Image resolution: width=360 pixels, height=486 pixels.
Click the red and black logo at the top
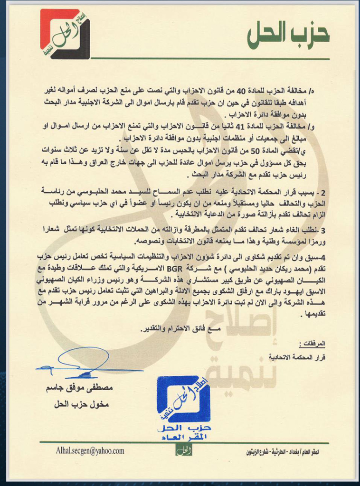click(x=65, y=34)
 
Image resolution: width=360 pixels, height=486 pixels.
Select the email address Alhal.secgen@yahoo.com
click(x=90, y=451)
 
